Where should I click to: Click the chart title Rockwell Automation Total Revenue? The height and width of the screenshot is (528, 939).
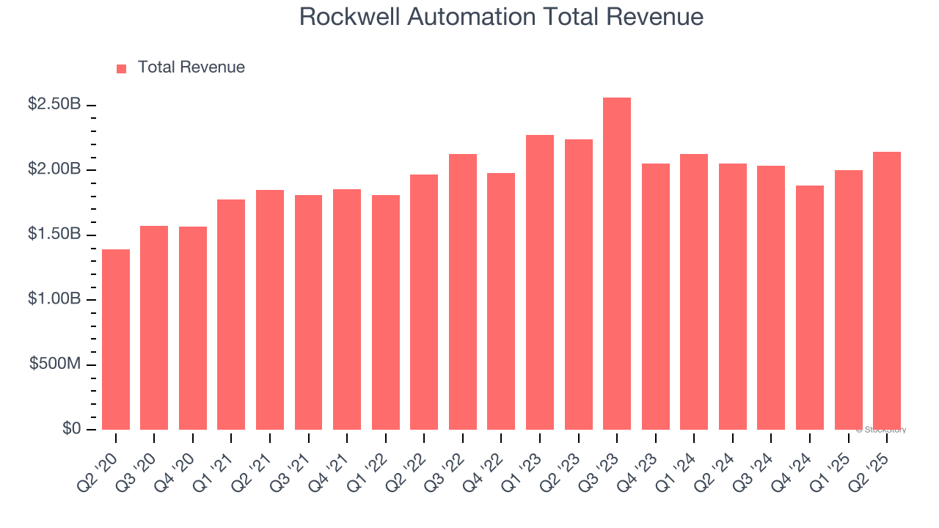(501, 17)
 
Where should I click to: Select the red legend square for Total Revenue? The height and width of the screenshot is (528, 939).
(122, 68)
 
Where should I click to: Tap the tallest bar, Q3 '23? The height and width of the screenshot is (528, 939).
(616, 264)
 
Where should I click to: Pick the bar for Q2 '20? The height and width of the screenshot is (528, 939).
(116, 340)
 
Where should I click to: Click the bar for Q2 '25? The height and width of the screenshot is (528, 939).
(886, 290)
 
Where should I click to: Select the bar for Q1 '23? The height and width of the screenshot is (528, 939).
(539, 282)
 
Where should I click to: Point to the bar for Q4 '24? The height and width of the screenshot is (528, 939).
(809, 307)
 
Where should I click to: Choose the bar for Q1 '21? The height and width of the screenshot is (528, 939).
(231, 315)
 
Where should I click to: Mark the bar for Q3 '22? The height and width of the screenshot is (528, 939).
(462, 292)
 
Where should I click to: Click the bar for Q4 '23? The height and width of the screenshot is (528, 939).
(655, 296)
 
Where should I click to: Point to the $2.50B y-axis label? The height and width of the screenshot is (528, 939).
(54, 105)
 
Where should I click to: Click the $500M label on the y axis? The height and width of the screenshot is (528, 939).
(55, 364)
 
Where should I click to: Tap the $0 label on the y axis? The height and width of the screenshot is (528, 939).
(71, 429)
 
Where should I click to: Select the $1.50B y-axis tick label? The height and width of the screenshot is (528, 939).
(54, 235)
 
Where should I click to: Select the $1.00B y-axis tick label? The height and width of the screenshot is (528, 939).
(54, 299)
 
